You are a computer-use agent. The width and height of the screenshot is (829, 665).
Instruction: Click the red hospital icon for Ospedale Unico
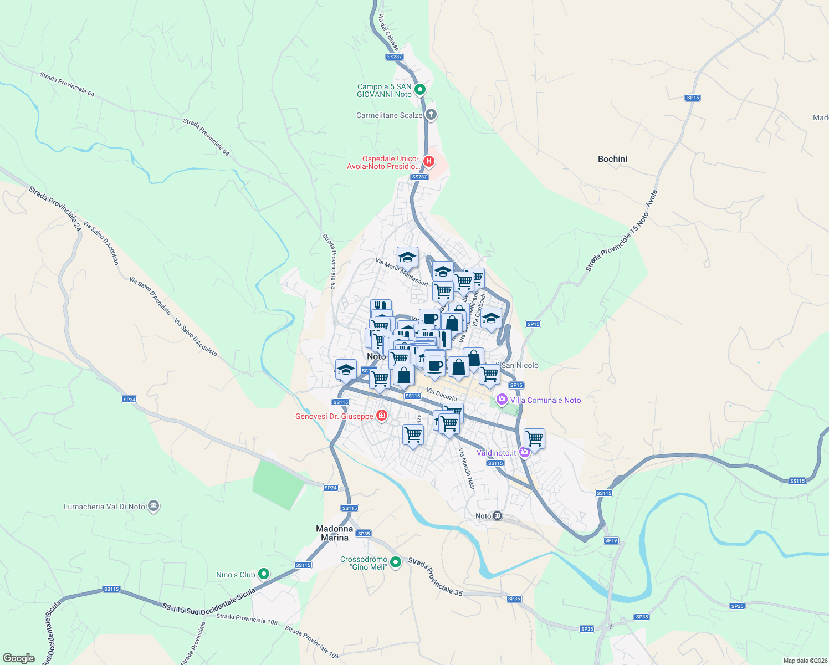(x=428, y=162)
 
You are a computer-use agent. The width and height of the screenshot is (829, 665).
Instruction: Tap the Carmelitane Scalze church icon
(x=431, y=115)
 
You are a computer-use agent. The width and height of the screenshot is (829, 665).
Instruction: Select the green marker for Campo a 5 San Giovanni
(x=420, y=89)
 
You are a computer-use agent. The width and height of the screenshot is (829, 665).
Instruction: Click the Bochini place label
(x=612, y=159)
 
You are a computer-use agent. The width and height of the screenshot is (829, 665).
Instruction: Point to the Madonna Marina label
(x=335, y=533)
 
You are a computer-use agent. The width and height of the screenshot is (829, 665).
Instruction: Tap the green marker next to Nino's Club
(x=264, y=574)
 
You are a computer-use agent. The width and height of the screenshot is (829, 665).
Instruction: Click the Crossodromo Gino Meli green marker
(x=396, y=562)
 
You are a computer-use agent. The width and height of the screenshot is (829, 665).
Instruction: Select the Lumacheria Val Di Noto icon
(x=154, y=506)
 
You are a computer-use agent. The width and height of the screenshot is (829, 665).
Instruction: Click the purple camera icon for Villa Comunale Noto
(x=502, y=400)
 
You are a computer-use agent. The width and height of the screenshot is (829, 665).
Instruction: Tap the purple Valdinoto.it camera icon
(x=525, y=452)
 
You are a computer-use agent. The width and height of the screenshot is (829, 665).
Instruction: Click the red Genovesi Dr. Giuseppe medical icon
(x=381, y=416)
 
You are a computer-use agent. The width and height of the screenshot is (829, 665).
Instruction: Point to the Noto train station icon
(x=498, y=516)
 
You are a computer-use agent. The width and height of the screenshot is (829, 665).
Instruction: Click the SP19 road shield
(x=611, y=540)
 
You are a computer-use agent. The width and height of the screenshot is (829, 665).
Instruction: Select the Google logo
(x=18, y=658)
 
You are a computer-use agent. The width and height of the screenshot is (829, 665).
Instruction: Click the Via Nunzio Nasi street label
(x=467, y=469)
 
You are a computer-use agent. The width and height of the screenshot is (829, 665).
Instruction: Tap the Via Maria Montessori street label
(x=402, y=272)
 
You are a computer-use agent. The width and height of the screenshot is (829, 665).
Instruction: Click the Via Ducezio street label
(x=442, y=395)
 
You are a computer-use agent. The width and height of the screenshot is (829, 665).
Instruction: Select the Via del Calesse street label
(x=388, y=33)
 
